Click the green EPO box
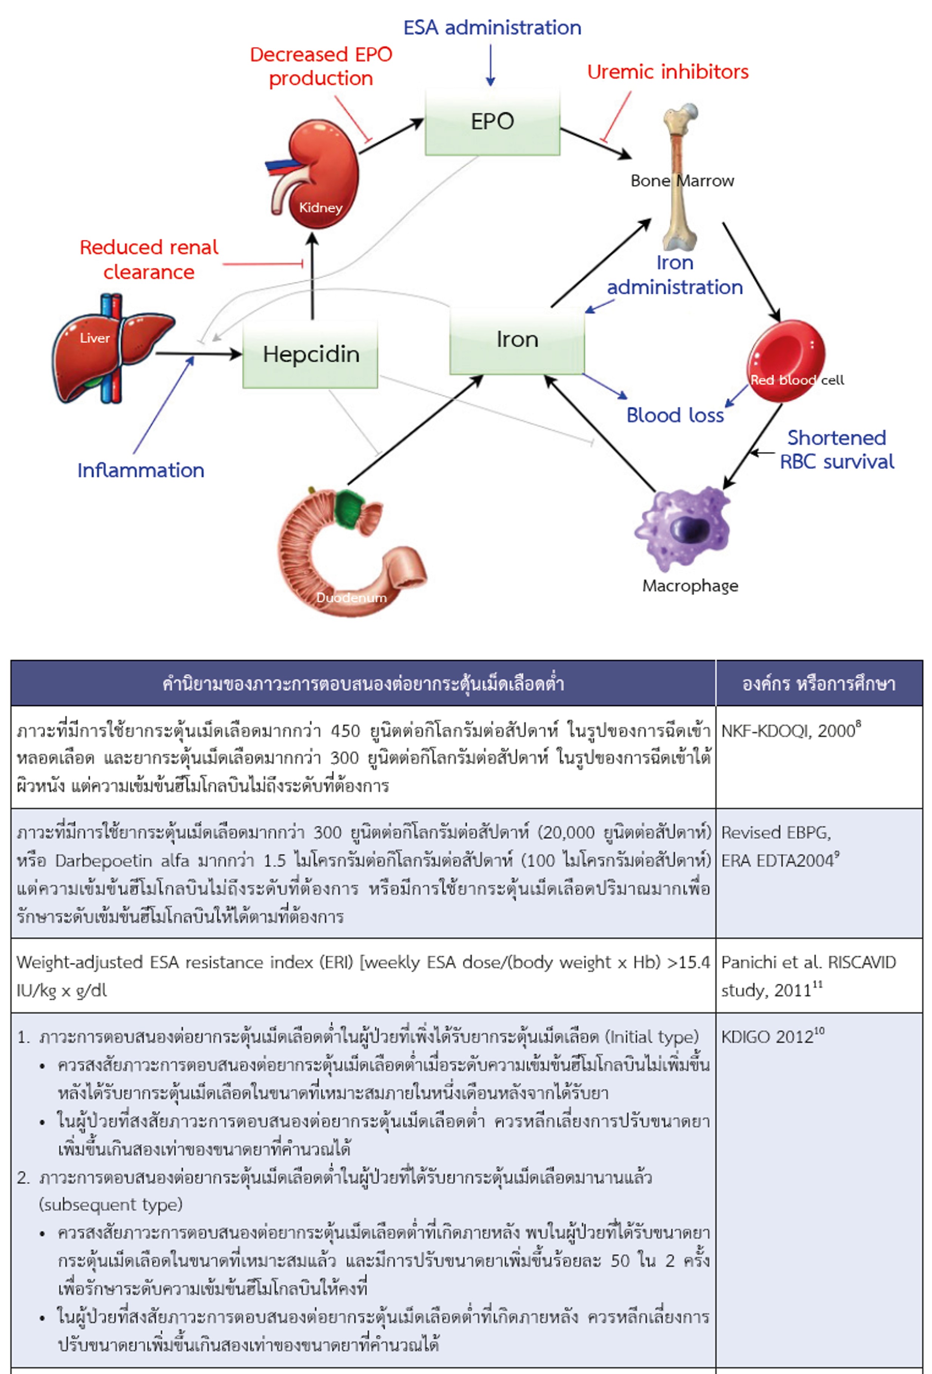coord(492,122)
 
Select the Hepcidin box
coord(310,354)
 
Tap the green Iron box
coord(517,340)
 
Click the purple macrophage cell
coord(683,528)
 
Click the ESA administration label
coord(492,28)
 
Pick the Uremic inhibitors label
coord(668,72)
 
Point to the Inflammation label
coord(141,471)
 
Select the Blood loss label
coord(675,416)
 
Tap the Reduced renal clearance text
coord(149,260)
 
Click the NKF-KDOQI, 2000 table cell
coord(818,757)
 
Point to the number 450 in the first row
coord(345,731)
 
